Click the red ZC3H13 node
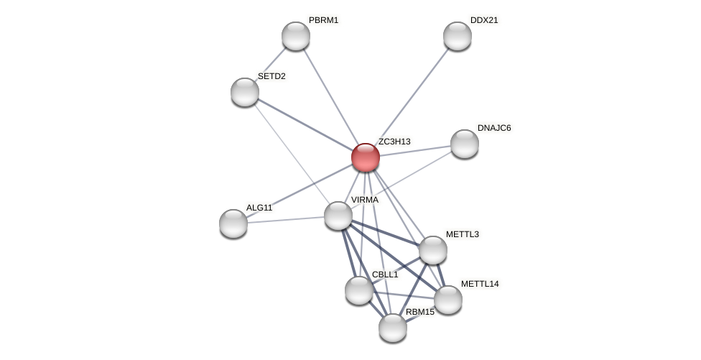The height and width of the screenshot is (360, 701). click(365, 157)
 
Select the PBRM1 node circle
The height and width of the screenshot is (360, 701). click(295, 36)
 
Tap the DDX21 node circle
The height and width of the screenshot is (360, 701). click(457, 36)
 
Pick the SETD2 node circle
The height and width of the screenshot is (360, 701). click(244, 92)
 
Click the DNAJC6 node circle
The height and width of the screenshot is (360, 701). click(464, 144)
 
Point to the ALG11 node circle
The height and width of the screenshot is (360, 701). click(233, 223)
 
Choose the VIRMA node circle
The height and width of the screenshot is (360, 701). click(338, 216)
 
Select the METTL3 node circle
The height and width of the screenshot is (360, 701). click(432, 250)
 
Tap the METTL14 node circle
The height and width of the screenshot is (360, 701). click(447, 300)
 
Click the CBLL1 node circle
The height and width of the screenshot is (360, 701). click(358, 290)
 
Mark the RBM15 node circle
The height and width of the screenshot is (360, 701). click(392, 328)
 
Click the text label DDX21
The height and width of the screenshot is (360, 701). click(484, 20)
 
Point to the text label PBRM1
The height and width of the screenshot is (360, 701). click(323, 20)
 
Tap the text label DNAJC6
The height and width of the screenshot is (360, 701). click(494, 128)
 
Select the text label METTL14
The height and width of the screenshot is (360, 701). click(480, 284)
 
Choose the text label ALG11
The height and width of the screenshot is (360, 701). click(259, 208)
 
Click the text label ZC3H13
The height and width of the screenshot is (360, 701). click(394, 142)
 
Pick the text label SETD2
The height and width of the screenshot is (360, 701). click(271, 76)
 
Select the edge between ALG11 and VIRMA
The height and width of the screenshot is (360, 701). click(286, 219)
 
